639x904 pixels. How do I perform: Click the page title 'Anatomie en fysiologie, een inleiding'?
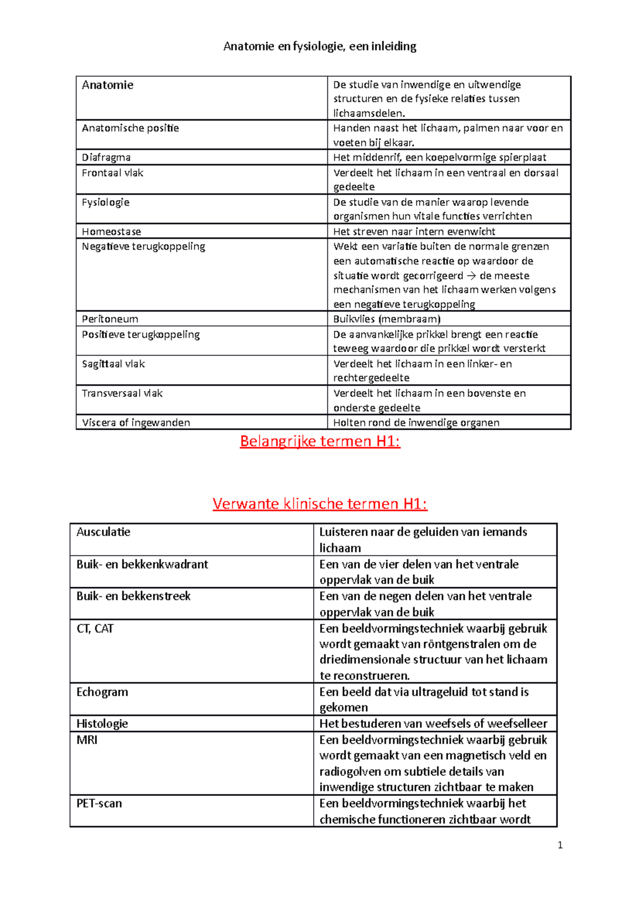click(319, 46)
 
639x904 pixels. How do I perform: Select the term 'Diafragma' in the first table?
click(106, 157)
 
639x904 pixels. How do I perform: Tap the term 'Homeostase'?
click(111, 232)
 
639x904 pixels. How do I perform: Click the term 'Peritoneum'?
click(110, 319)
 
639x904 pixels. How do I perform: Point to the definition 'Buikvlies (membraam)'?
click(387, 319)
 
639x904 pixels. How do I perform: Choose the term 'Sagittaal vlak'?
click(113, 364)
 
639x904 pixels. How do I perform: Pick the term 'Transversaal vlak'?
click(122, 393)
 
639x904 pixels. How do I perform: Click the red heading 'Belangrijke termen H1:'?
click(319, 441)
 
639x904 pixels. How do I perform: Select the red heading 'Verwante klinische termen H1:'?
click(319, 504)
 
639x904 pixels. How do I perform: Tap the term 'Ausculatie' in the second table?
click(103, 532)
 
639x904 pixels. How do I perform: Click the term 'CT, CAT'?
click(95, 629)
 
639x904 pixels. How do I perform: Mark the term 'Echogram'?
click(102, 692)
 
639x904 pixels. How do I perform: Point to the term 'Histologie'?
click(102, 724)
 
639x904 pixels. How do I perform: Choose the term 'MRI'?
click(87, 740)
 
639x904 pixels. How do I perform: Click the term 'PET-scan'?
click(99, 803)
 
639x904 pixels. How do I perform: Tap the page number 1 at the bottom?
click(560, 845)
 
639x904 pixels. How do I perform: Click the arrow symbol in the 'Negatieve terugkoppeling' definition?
click(471, 276)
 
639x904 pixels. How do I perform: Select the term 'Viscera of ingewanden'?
click(136, 423)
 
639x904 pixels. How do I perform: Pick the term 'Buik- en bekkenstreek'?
click(133, 596)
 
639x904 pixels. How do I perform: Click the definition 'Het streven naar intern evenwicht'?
click(414, 232)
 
